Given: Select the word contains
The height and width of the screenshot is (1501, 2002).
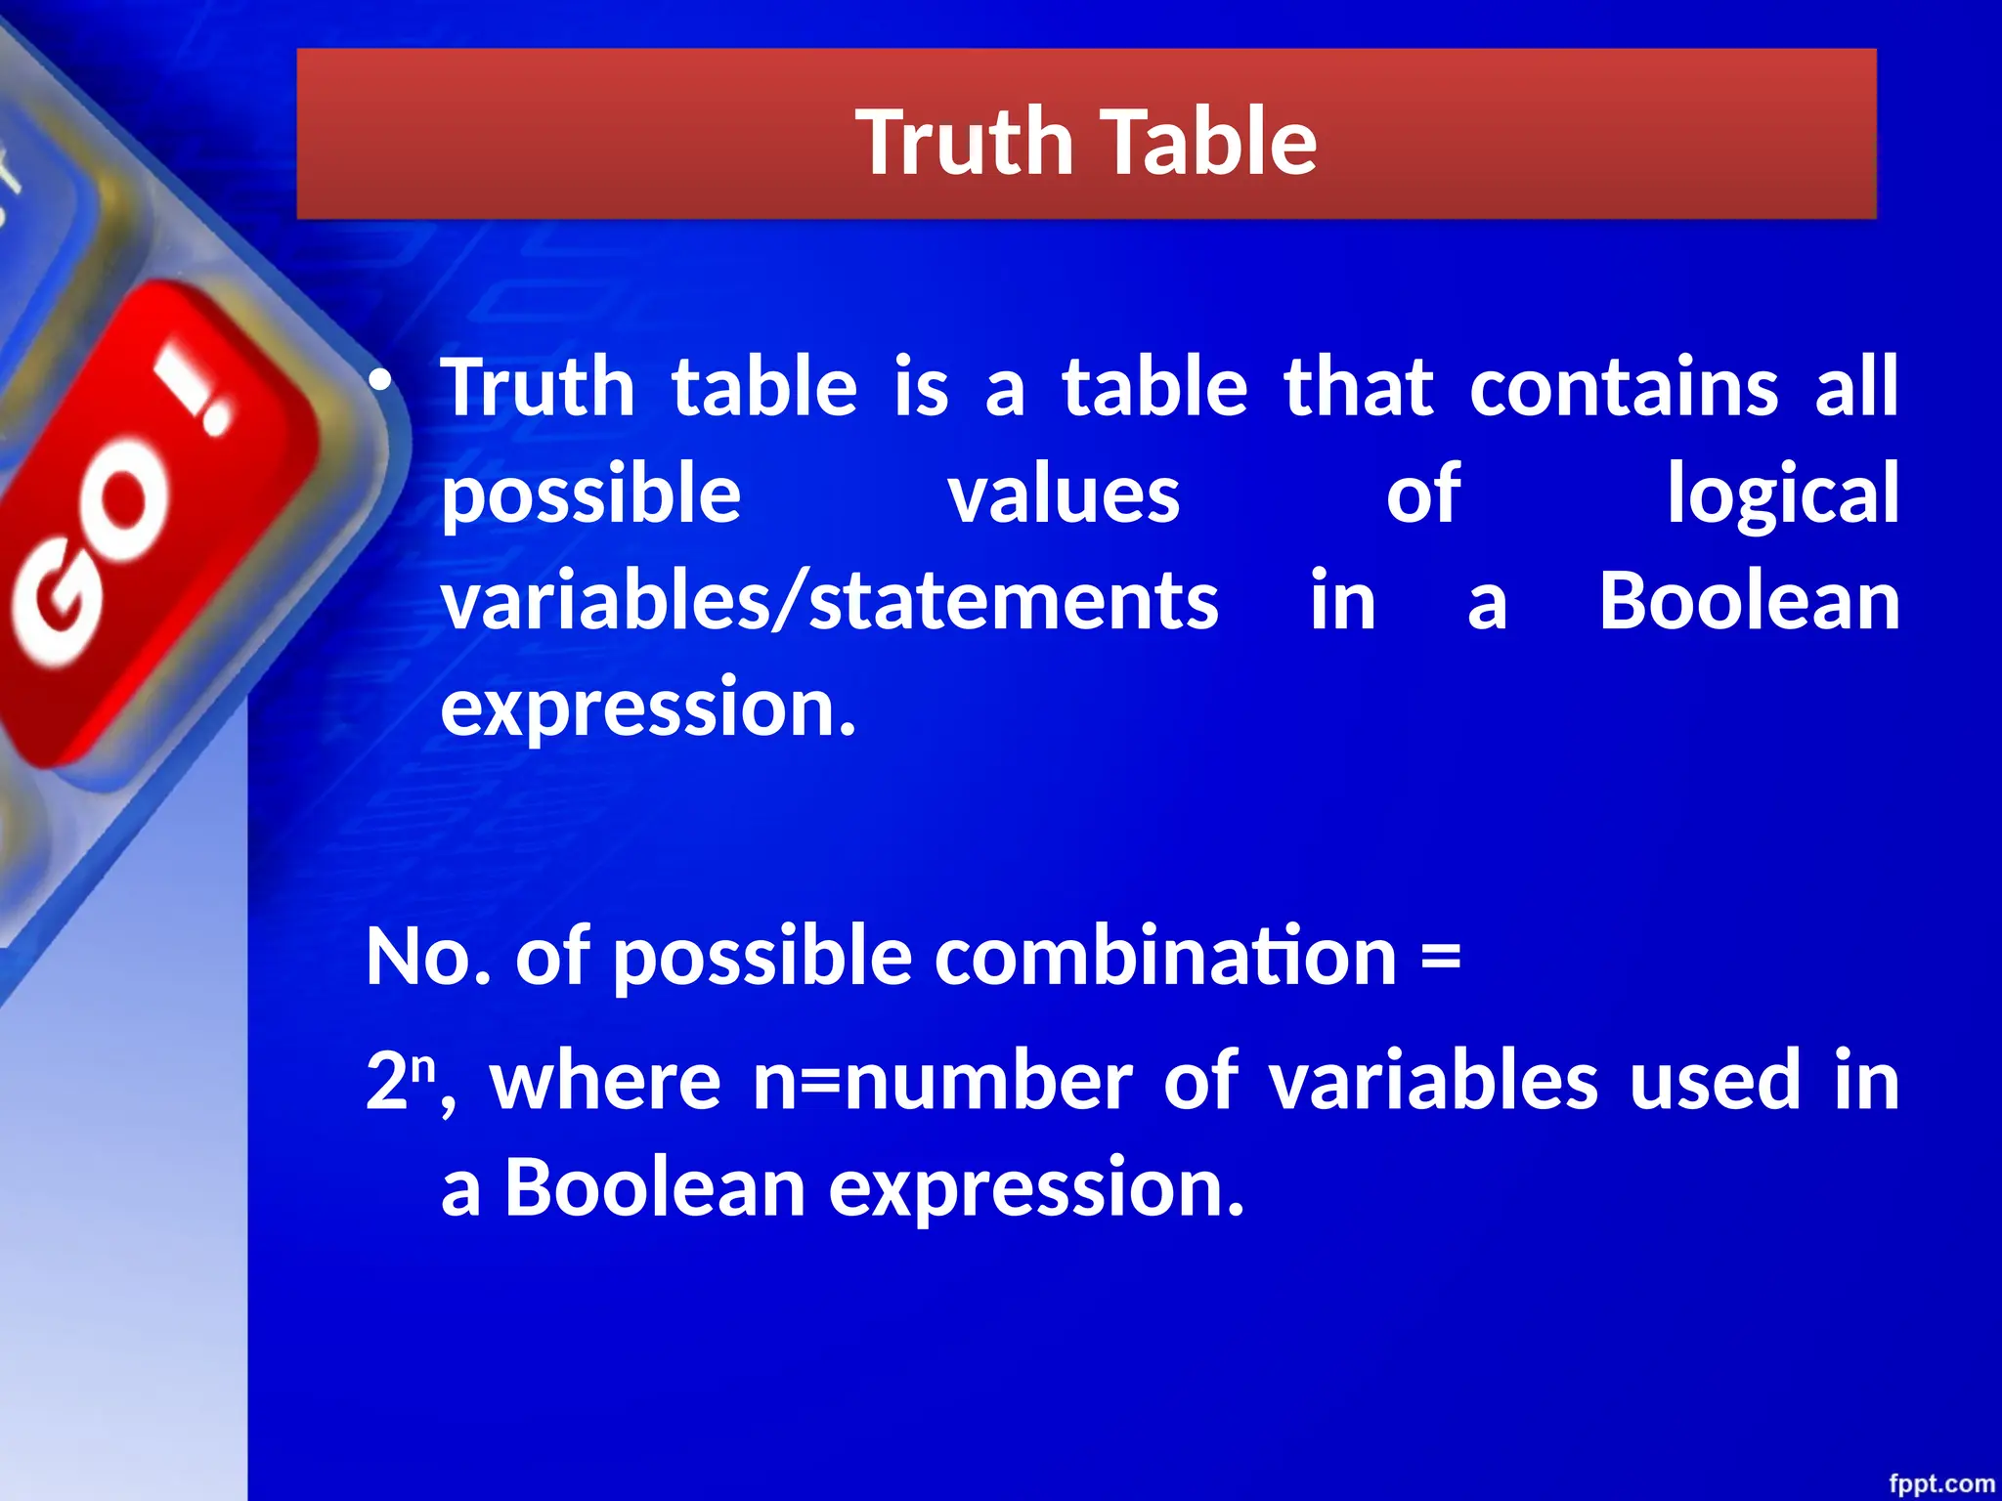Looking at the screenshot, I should (x=1624, y=387).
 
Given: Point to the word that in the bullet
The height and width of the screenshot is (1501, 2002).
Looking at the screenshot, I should (x=1359, y=387).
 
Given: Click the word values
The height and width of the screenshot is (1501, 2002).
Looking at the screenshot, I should (x=1065, y=494).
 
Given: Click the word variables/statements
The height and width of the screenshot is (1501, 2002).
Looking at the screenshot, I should (x=830, y=602).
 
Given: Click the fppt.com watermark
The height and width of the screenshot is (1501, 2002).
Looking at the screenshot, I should (x=1940, y=1483).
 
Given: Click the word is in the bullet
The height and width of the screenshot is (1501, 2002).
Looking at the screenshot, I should (x=921, y=387).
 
